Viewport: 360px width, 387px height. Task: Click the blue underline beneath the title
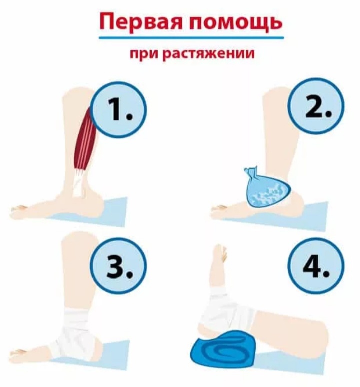191,37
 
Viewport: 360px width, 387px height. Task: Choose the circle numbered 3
120,269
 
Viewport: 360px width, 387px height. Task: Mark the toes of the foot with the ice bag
218,209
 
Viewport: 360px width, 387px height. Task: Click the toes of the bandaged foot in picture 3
20,352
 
